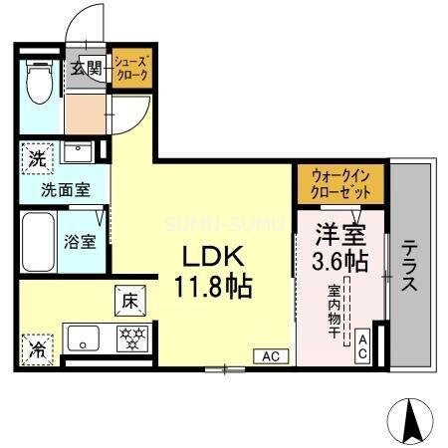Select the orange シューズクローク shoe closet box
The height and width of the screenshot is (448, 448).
point(130,69)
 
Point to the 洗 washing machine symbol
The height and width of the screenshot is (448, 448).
point(36,156)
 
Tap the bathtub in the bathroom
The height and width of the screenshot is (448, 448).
point(36,241)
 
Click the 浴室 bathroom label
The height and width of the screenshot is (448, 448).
point(81,241)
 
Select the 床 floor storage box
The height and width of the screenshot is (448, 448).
point(130,298)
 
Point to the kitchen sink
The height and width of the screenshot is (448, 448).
point(80,336)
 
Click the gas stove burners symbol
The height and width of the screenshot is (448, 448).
point(130,336)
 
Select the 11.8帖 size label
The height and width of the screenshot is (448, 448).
point(214,287)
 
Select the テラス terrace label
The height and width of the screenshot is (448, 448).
point(408,267)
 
